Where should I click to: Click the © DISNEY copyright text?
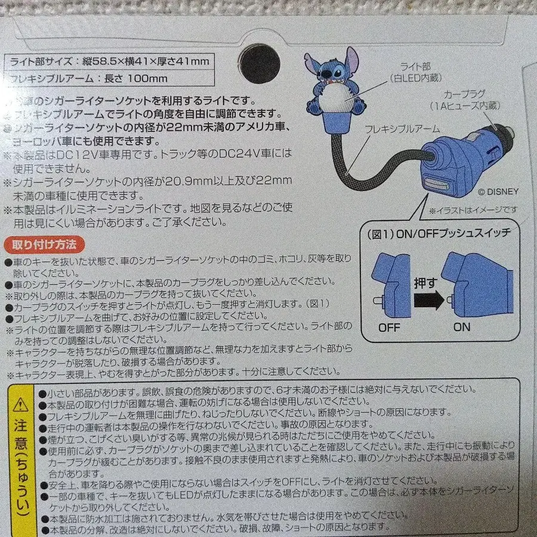tap(498, 192)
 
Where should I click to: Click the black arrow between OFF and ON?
tap(428, 299)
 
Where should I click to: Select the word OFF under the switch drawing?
tap(390, 327)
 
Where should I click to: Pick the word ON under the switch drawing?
tap(461, 327)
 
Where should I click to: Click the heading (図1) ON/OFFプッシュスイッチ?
tap(436, 233)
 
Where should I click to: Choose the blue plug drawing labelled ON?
tap(477, 285)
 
